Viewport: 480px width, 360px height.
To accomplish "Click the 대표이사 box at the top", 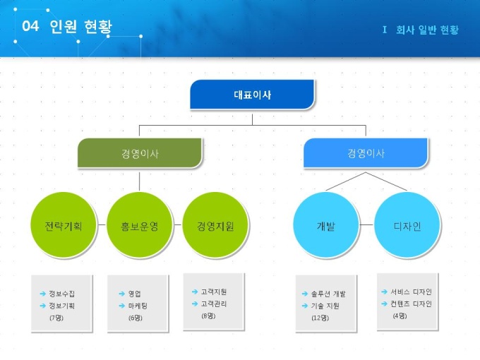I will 252,95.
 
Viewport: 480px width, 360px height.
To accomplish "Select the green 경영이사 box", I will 140,153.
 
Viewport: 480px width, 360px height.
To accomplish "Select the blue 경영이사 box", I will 366,153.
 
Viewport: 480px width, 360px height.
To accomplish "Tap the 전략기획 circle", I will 63,227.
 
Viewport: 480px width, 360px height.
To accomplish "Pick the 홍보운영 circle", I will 139,227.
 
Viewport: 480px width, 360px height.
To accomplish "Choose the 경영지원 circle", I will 215,227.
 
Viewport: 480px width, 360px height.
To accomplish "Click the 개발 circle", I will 326,227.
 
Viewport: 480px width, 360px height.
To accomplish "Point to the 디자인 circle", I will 407,227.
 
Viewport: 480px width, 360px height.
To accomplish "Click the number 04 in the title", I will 30,27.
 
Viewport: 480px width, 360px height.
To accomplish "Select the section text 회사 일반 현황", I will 426,30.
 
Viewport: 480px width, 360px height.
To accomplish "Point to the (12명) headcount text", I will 320,318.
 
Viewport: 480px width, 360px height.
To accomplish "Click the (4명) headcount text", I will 400,316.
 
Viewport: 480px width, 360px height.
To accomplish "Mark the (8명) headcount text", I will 208,316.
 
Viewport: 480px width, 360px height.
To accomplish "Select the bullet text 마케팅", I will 138,306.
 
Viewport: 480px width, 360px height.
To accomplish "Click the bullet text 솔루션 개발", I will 328,293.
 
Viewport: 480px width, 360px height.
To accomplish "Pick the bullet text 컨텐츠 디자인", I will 411,304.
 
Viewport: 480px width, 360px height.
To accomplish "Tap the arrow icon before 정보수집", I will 42,293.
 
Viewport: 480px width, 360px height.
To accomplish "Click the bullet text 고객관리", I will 214,304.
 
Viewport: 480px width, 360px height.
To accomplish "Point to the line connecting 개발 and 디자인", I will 366,225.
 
